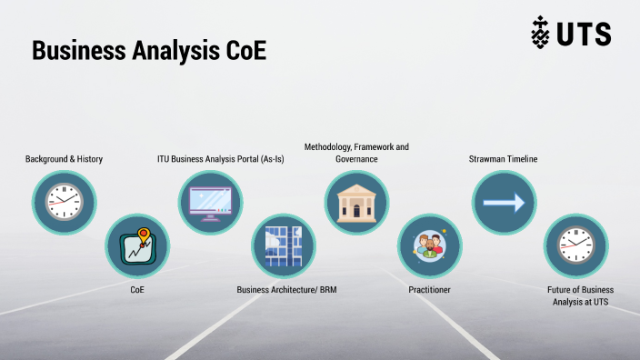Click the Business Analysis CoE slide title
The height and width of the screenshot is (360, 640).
pyautogui.click(x=148, y=50)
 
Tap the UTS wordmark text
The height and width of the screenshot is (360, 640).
pyautogui.click(x=584, y=35)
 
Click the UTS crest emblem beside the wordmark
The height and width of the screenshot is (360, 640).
pyautogui.click(x=541, y=34)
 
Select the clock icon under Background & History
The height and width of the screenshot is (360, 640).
pyautogui.click(x=64, y=202)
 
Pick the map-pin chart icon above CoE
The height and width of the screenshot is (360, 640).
pyautogui.click(x=137, y=245)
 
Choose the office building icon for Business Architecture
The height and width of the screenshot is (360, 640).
pyautogui.click(x=284, y=245)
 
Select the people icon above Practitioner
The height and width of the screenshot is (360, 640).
pyautogui.click(x=429, y=245)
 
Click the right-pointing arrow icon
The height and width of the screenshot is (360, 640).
pyautogui.click(x=503, y=202)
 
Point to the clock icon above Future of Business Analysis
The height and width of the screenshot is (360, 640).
pyautogui.click(x=575, y=245)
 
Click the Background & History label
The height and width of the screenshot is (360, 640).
pyautogui.click(x=64, y=159)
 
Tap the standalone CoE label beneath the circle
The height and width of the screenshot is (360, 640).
pyautogui.click(x=137, y=290)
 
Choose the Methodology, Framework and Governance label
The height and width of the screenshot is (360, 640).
pyautogui.click(x=355, y=152)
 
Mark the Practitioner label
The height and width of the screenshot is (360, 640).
pyautogui.click(x=429, y=290)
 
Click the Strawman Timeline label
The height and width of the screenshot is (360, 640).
pyautogui.click(x=503, y=159)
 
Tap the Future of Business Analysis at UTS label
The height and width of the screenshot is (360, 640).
pyautogui.click(x=575, y=295)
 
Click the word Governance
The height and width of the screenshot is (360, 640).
pyautogui.click(x=355, y=158)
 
